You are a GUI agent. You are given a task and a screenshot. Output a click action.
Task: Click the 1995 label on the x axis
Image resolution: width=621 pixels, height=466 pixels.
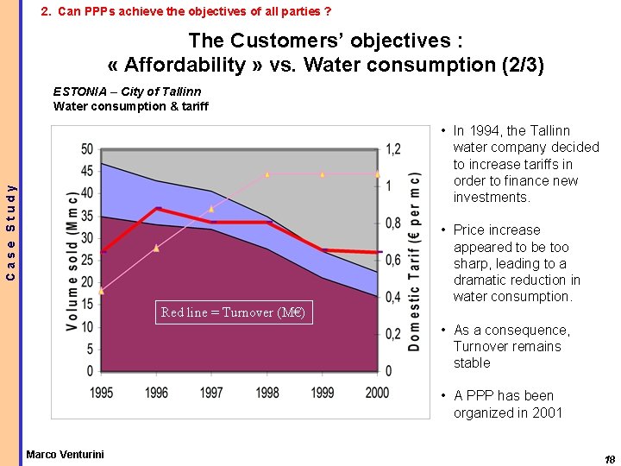[102, 393]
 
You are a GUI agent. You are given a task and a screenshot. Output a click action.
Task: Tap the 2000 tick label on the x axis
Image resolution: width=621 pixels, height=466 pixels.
[378, 393]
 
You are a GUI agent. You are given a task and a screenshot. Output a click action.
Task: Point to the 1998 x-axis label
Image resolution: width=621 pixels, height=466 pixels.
[267, 393]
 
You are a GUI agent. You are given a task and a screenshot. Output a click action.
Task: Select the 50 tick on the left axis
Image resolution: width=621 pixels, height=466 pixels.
[87, 149]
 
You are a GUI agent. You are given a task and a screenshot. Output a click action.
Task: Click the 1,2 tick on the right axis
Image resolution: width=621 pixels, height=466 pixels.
[392, 149]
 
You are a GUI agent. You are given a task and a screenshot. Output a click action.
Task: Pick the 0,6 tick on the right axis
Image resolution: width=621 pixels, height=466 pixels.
[392, 260]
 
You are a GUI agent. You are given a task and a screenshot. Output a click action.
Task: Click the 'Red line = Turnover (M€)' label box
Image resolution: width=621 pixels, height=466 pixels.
[233, 312]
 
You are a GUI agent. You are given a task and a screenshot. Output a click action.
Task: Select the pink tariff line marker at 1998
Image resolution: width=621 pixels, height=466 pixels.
[267, 174]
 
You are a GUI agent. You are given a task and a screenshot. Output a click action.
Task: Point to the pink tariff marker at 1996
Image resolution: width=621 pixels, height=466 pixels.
[157, 248]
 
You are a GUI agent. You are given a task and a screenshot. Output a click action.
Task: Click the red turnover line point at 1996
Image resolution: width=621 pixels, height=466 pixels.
[157, 209]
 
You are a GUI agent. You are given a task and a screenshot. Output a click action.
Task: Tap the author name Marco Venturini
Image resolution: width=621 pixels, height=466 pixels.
[65, 454]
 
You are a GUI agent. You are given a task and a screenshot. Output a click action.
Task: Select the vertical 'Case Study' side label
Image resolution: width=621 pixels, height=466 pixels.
[10, 232]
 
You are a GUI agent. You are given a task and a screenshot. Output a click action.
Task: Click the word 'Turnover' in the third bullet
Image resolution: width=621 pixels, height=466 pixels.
[483, 347]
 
